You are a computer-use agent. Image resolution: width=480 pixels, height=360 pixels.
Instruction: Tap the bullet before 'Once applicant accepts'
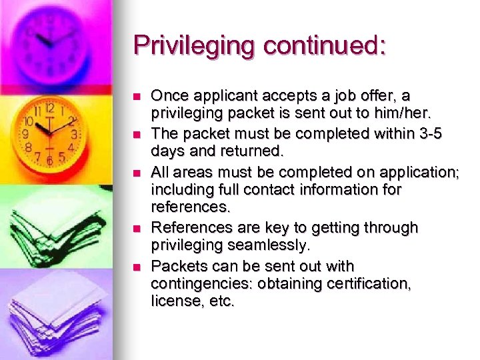coord(137,97)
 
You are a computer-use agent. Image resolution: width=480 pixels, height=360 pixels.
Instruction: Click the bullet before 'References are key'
coord(137,229)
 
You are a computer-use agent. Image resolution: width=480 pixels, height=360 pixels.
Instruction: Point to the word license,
coord(175,301)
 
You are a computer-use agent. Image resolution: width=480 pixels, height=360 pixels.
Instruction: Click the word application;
coord(419,172)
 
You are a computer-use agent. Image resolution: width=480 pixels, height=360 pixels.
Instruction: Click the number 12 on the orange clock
coord(49,107)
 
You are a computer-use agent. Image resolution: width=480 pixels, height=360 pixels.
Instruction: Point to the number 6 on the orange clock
coord(49,161)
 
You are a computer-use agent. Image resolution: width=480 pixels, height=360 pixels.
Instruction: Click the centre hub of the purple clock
coord(49,41)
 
